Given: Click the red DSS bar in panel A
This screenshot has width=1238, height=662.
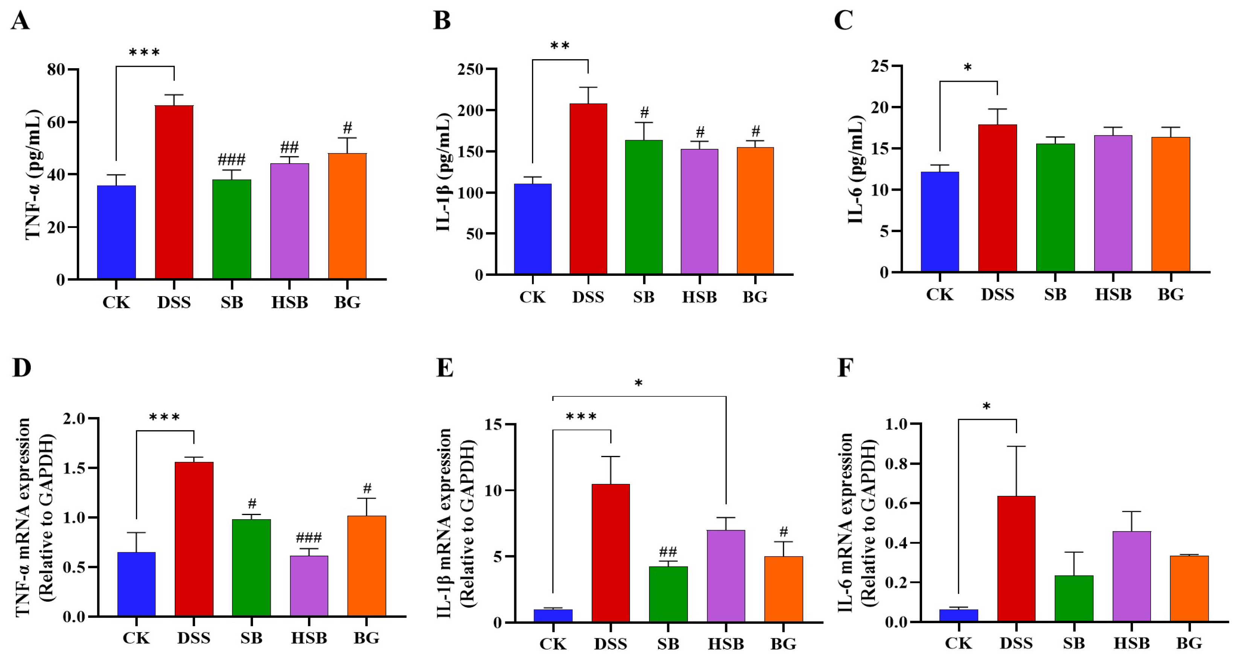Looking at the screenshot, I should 174,192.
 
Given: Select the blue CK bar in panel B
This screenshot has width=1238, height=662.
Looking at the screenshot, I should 532,229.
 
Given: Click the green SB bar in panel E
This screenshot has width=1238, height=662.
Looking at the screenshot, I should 668,595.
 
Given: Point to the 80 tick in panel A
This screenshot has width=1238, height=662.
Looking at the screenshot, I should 56,70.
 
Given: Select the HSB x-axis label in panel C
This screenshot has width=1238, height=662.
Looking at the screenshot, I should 1113,294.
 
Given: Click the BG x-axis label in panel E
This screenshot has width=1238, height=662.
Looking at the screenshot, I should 784,644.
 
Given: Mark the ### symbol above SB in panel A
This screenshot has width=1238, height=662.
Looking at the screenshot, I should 232,159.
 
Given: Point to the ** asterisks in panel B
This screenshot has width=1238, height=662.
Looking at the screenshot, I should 560,46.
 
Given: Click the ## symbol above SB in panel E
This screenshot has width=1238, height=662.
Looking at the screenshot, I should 668,552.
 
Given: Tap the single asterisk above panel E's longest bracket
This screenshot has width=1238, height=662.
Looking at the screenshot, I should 638,384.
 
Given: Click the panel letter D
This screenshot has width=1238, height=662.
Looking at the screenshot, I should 21,368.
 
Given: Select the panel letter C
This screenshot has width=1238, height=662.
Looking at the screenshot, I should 843,21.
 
